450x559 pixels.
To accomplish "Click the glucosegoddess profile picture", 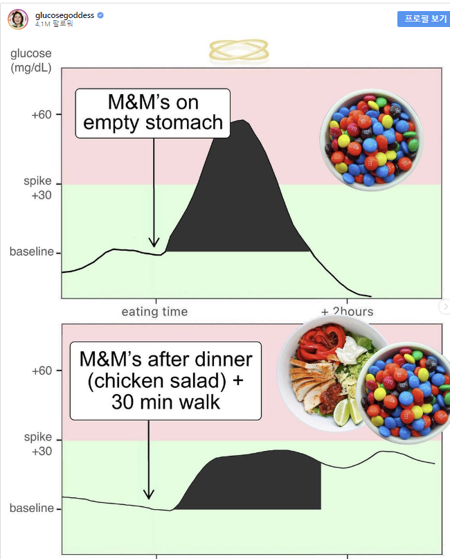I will click(x=18, y=19).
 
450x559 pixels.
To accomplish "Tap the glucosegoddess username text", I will click(x=65, y=14).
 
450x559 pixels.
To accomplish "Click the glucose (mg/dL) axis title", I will click(x=30, y=60).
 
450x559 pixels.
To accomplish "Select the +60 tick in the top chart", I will click(x=42, y=114).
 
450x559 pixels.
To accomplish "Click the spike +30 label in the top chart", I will click(x=38, y=188).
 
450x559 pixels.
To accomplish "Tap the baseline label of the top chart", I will click(x=31, y=251).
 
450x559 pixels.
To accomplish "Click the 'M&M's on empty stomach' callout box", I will click(x=153, y=113).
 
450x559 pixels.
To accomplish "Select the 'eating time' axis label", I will click(x=154, y=312).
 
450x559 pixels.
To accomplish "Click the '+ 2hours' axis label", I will click(x=347, y=312).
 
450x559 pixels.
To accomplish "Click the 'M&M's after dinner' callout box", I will click(x=166, y=380).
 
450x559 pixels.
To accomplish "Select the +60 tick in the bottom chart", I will click(x=42, y=371).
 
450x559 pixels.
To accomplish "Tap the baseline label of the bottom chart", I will click(x=31, y=508).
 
